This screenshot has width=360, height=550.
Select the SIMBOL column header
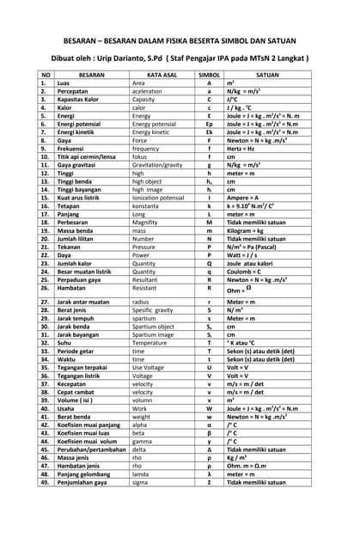[x=210, y=75]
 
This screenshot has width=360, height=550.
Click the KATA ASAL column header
[x=162, y=75]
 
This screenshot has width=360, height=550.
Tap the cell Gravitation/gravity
[x=158, y=165]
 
